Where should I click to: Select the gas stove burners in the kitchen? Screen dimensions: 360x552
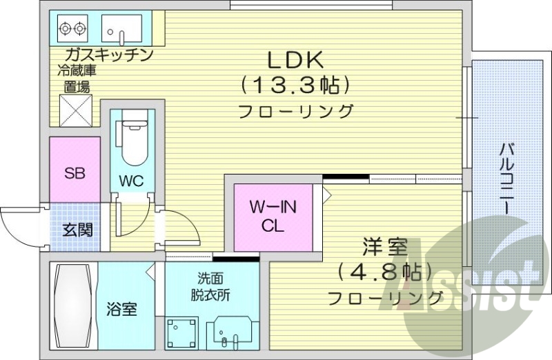(72, 28)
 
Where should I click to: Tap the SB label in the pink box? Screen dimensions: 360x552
(74, 173)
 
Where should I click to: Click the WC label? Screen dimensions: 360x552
(130, 182)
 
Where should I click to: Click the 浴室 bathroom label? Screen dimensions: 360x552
(121, 309)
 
